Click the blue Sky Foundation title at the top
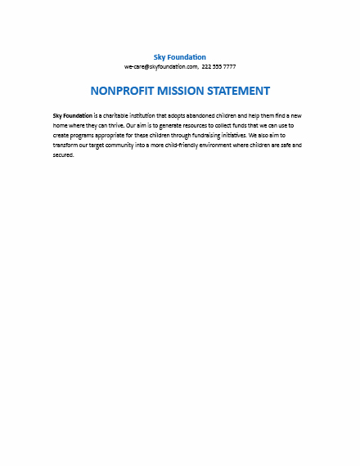[x=179, y=57]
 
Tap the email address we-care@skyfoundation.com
[x=160, y=66]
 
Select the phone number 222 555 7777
[x=218, y=66]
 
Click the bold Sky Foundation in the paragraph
[x=72, y=116]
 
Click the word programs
[x=84, y=135]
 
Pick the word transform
[x=66, y=145]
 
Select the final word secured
[x=63, y=155]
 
